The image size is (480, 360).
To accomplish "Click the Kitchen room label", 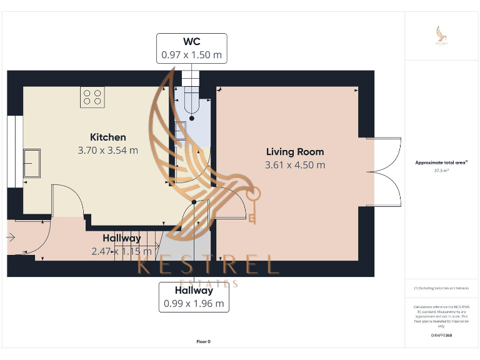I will click(108, 137).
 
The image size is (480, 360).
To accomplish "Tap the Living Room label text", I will click(295, 151).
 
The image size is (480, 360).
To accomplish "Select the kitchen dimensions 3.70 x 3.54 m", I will click(108, 151).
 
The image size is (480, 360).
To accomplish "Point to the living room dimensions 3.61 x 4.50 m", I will click(295, 165).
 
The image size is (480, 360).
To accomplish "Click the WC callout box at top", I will click(191, 48).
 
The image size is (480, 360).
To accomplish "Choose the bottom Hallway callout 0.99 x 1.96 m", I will click(194, 297).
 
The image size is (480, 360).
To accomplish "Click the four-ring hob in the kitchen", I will click(92, 97).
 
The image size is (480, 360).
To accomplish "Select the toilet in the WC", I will click(191, 103).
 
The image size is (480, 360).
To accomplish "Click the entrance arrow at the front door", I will click(11, 237).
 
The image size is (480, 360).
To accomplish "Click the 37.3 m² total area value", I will click(441, 170).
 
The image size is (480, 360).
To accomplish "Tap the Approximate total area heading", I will click(441, 162).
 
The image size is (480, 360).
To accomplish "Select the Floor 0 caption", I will click(204, 341).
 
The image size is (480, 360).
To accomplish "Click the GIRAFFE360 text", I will click(441, 336).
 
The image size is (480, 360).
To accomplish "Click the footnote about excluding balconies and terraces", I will click(441, 288).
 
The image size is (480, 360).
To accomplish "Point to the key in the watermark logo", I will click(252, 206).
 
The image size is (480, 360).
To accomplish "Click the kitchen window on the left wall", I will click(11, 152).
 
